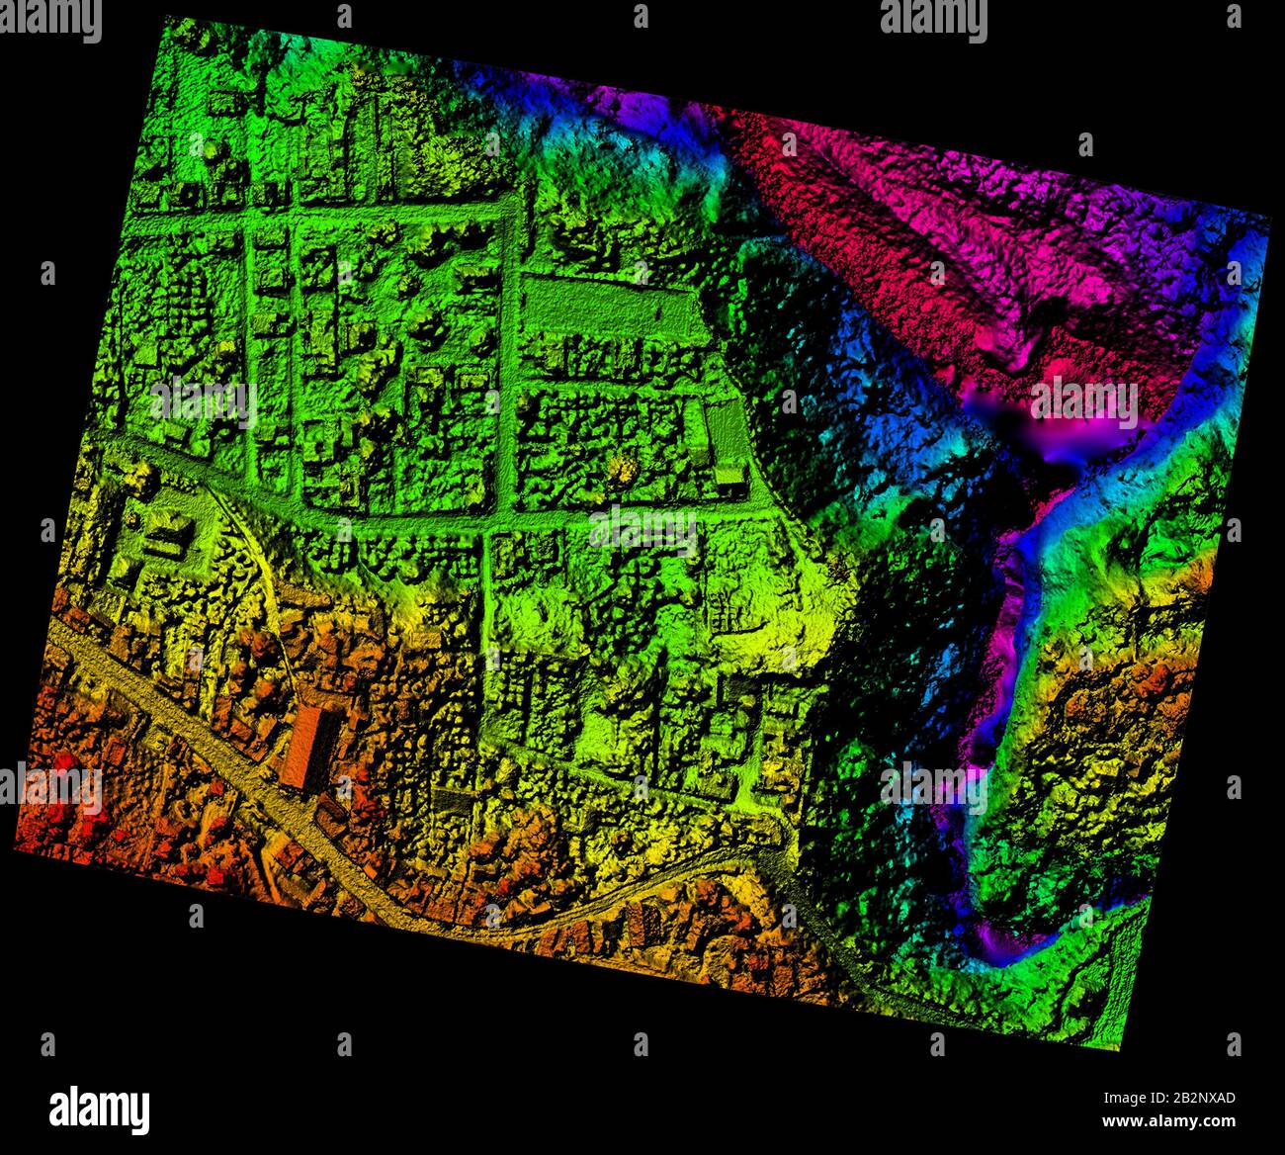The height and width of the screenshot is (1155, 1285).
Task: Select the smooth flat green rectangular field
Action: coord(603,309)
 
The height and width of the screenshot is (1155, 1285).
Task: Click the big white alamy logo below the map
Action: coord(99,1109)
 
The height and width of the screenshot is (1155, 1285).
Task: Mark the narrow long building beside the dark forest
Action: coord(728,445)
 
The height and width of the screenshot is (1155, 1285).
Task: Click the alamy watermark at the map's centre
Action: coord(642,530)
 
